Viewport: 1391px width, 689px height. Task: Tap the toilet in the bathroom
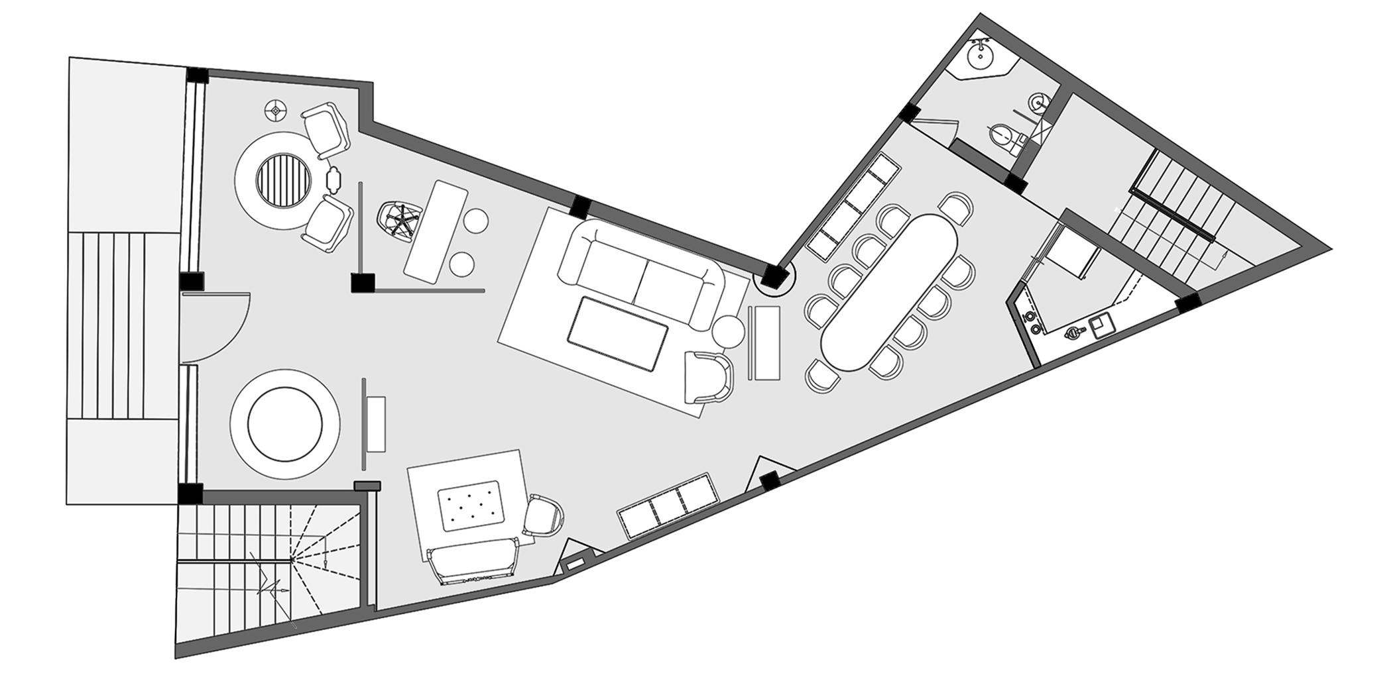(1002, 138)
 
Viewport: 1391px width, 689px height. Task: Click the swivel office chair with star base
(399, 219)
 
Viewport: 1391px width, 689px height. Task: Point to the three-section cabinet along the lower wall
(668, 503)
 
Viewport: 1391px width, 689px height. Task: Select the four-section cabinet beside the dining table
(853, 205)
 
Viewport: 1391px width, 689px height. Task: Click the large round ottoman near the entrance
(285, 424)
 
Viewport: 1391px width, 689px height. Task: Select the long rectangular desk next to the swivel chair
(436, 232)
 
